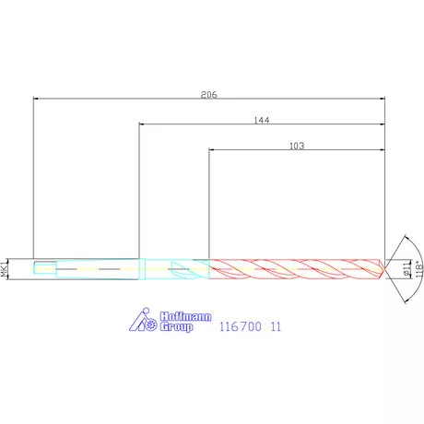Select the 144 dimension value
pos(263,120)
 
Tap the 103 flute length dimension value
pos(297,146)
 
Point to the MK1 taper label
pos(6,269)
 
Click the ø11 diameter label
pos(406,268)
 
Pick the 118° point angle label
pos(418,269)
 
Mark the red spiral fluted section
pos(295,269)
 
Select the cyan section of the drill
pos(175,269)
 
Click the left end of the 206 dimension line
pos(33,98)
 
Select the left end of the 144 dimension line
pos(140,124)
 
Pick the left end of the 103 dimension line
pos(210,149)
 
